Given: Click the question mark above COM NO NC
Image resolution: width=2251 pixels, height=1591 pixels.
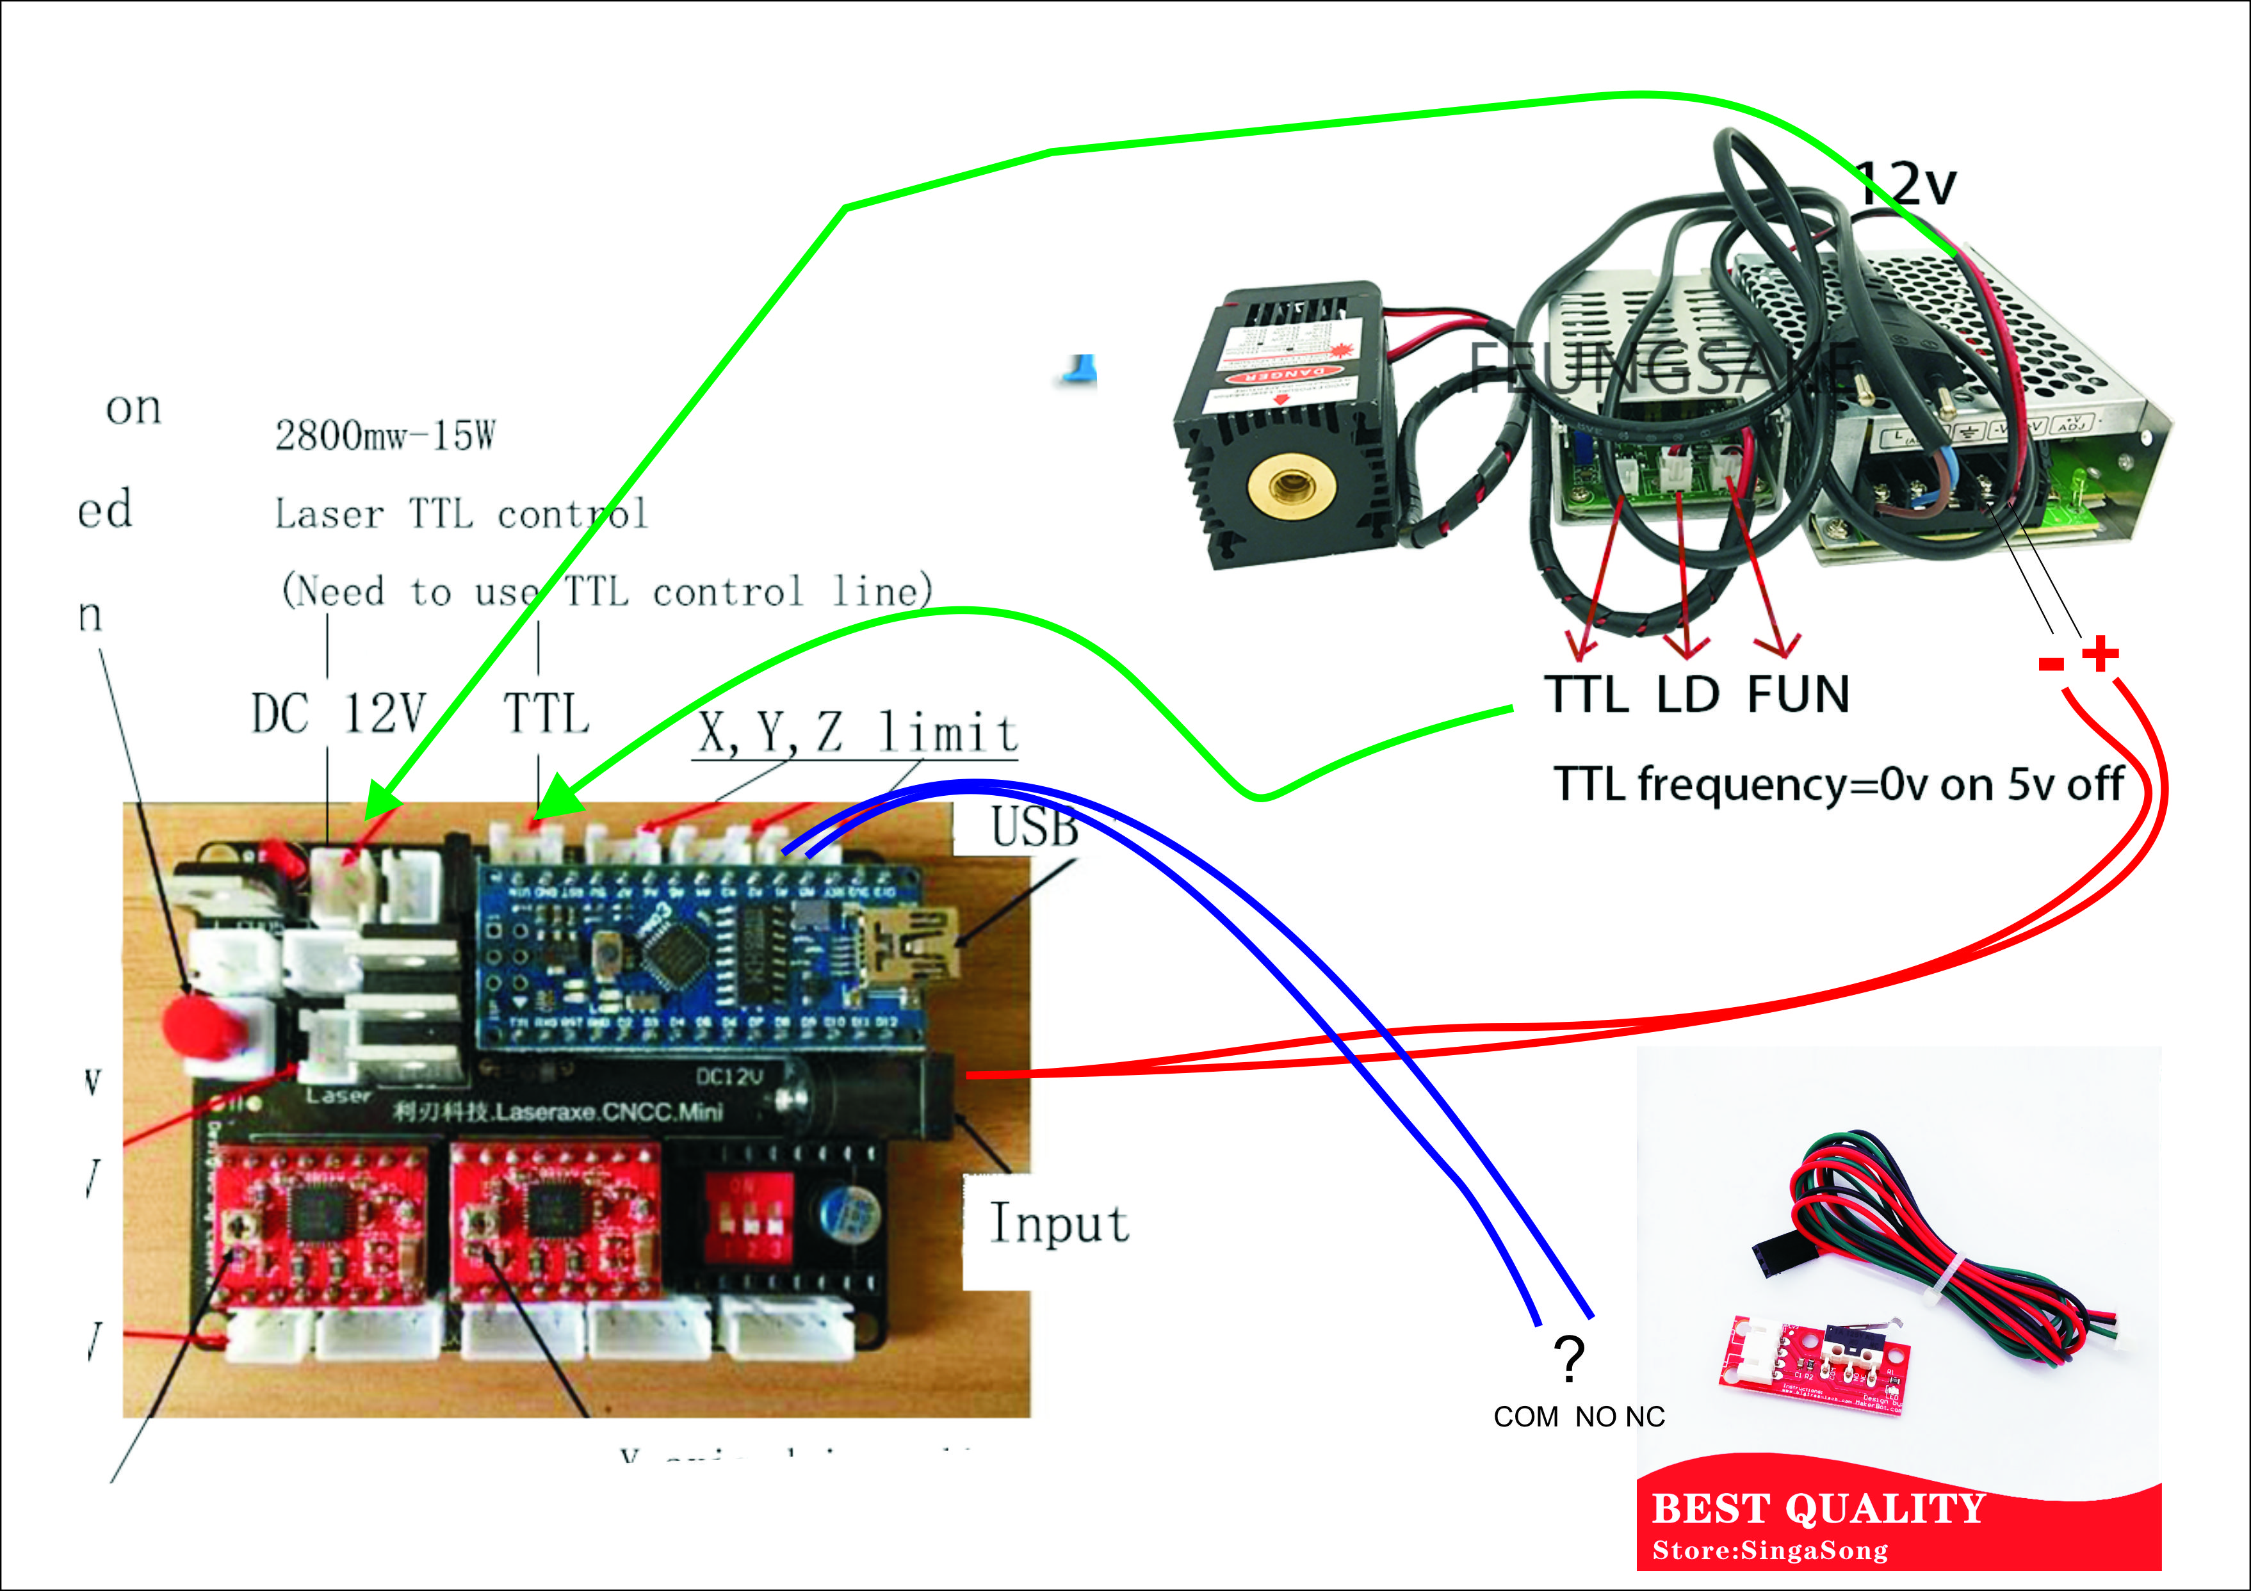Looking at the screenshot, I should [1568, 1359].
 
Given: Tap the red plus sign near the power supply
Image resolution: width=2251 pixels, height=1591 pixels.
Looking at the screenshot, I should [2100, 654].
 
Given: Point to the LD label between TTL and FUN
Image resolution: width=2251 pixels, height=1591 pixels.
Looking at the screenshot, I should [1688, 694].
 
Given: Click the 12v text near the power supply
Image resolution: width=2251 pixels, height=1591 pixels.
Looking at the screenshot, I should [1907, 183].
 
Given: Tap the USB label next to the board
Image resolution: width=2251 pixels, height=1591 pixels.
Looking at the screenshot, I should [1034, 827].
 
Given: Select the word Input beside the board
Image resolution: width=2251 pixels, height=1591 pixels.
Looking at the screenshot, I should [1059, 1224].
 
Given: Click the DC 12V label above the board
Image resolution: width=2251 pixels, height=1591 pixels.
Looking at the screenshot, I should [338, 714].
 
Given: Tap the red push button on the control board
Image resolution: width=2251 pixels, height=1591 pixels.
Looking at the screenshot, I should [202, 1024].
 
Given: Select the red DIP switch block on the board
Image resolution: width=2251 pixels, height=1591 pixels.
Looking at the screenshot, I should [749, 1216].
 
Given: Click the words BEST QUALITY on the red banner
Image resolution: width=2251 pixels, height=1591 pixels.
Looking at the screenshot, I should [1819, 1508].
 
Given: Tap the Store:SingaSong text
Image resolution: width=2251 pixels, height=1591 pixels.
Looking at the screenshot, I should [1769, 1551].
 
